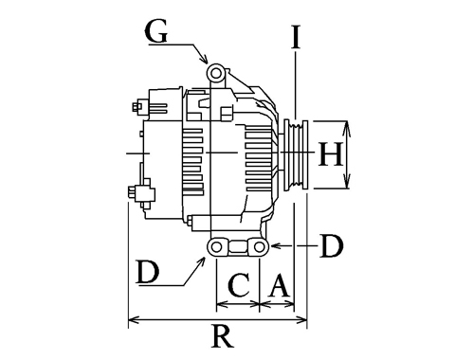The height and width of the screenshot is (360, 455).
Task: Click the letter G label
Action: click(155, 32)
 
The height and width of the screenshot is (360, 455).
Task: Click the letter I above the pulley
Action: click(296, 37)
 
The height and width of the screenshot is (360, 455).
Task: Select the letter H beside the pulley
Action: click(331, 154)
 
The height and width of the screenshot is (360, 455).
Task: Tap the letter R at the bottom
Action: click(223, 336)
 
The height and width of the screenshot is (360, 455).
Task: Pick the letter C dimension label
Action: click(239, 285)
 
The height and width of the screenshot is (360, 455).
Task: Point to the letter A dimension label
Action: click(279, 285)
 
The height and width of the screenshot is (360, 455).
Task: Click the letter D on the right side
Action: click(331, 245)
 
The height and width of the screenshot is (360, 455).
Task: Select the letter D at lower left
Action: click(148, 271)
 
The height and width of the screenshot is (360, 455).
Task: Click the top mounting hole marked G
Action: click(216, 73)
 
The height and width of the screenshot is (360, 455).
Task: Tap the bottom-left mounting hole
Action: click(216, 247)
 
